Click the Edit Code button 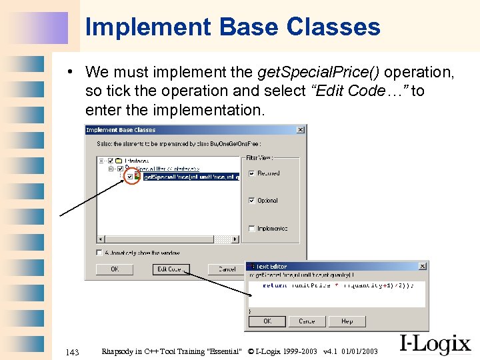[171, 269]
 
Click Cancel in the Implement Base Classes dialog [227, 269]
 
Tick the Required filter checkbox [251, 173]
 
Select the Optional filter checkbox [251, 200]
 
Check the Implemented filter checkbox [251, 228]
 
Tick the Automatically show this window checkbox [99, 253]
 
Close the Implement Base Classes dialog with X [300, 130]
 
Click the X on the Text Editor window [423, 266]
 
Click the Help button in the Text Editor [347, 321]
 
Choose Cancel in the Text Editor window [307, 321]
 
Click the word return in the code [275, 285]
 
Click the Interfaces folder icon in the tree [118, 160]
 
